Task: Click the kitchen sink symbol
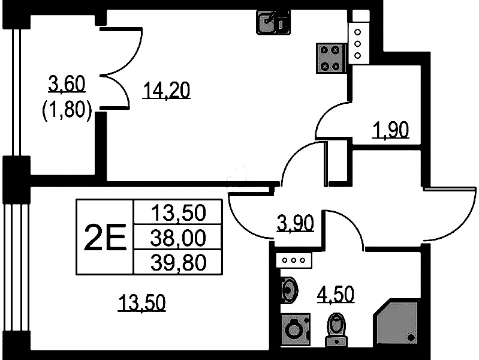[273, 22]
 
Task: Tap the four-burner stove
[330, 58]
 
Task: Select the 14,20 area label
[166, 91]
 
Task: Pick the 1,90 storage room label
[390, 130]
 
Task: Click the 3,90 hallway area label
[296, 223]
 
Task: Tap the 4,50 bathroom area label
[336, 294]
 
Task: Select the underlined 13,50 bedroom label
[141, 303]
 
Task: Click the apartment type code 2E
[105, 238]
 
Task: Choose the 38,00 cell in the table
[178, 238]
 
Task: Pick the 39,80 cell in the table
[178, 262]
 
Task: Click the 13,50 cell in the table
[178, 213]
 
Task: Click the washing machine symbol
[295, 330]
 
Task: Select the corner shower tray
[396, 323]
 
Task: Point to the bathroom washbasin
[289, 290]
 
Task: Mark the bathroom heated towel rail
[294, 260]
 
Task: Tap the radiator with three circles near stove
[358, 44]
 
